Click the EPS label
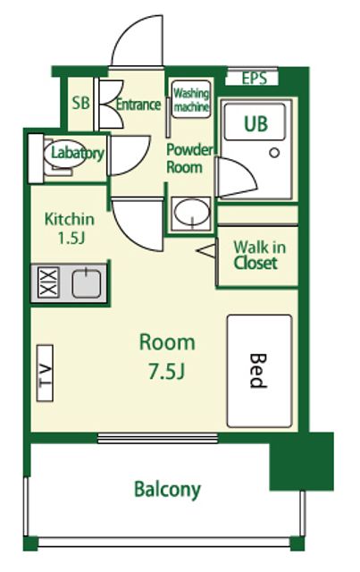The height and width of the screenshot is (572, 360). pyautogui.click(x=255, y=78)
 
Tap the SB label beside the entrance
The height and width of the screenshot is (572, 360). pyautogui.click(x=80, y=104)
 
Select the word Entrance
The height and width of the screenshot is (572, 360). pyautogui.click(x=138, y=105)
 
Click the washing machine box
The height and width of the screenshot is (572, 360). pyautogui.click(x=191, y=99)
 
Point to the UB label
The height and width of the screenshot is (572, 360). pyautogui.click(x=256, y=123)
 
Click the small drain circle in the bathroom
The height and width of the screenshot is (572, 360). pyautogui.click(x=274, y=153)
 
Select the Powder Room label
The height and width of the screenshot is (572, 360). pyautogui.click(x=189, y=158)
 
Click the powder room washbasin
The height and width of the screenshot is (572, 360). pyautogui.click(x=191, y=213)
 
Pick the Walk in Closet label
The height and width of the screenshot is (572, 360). pyautogui.click(x=259, y=256)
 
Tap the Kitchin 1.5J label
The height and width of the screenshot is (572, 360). pyautogui.click(x=70, y=229)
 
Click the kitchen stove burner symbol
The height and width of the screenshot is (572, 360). pyautogui.click(x=48, y=282)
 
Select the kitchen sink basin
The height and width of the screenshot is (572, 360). pyautogui.click(x=86, y=282)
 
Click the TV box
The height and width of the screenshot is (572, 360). pyautogui.click(x=45, y=373)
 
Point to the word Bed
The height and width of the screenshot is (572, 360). pyautogui.click(x=258, y=371)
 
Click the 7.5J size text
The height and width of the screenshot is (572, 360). pyautogui.click(x=167, y=371)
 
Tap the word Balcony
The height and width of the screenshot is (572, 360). pyautogui.click(x=167, y=489)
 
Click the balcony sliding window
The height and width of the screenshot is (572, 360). pyautogui.click(x=158, y=438)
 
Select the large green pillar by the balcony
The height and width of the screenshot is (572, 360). pyautogui.click(x=302, y=461)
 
